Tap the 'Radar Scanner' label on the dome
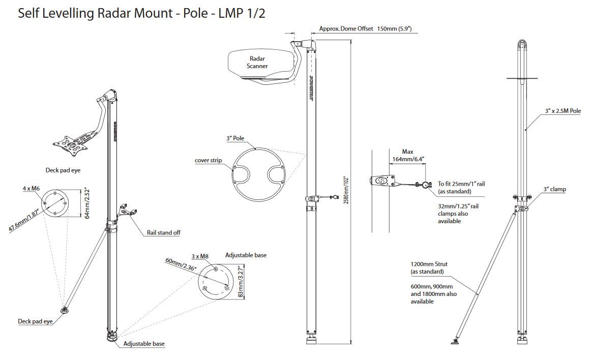258,63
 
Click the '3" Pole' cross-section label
235,138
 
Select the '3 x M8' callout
200,256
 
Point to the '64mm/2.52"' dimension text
87,202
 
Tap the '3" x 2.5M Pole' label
562,111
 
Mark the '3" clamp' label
555,189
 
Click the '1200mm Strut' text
429,264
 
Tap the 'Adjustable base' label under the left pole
144,344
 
